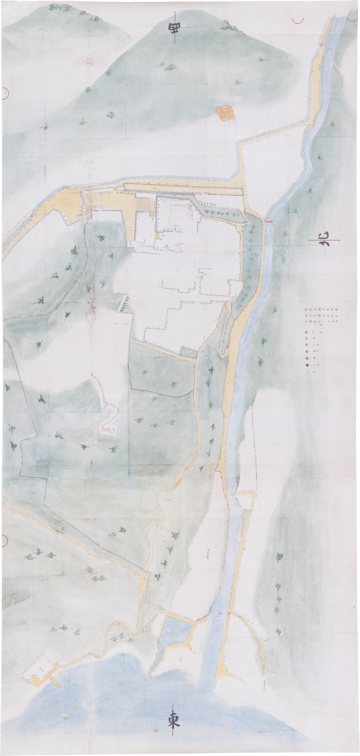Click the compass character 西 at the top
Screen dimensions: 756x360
click(x=174, y=28)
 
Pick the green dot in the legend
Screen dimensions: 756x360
click(x=306, y=332)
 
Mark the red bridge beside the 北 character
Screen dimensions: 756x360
click(x=269, y=222)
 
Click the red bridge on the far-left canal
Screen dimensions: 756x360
click(x=31, y=216)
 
